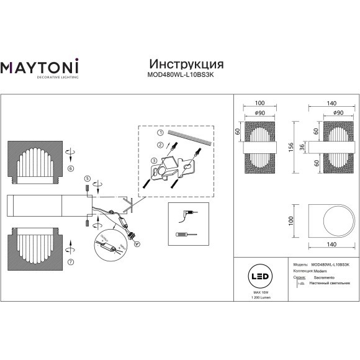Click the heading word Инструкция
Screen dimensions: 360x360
(x=187, y=64)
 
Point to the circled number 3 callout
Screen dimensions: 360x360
(x=153, y=160)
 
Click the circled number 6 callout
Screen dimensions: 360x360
(x=70, y=168)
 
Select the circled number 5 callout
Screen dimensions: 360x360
(x=88, y=179)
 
